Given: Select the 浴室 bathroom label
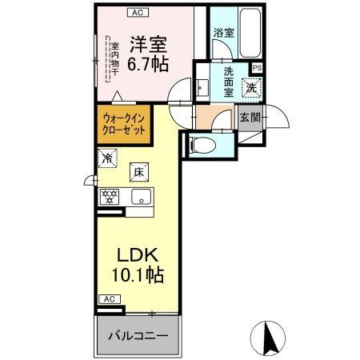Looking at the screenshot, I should click(223, 34).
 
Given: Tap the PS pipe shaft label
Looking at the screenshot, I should click(258, 68).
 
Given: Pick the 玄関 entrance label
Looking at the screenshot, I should click(250, 118).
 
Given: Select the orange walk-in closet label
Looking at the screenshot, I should click(125, 125).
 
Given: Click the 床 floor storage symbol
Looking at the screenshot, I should click(138, 170).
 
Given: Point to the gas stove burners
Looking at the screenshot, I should click(109, 196).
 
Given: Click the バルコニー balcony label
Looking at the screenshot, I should click(138, 335).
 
